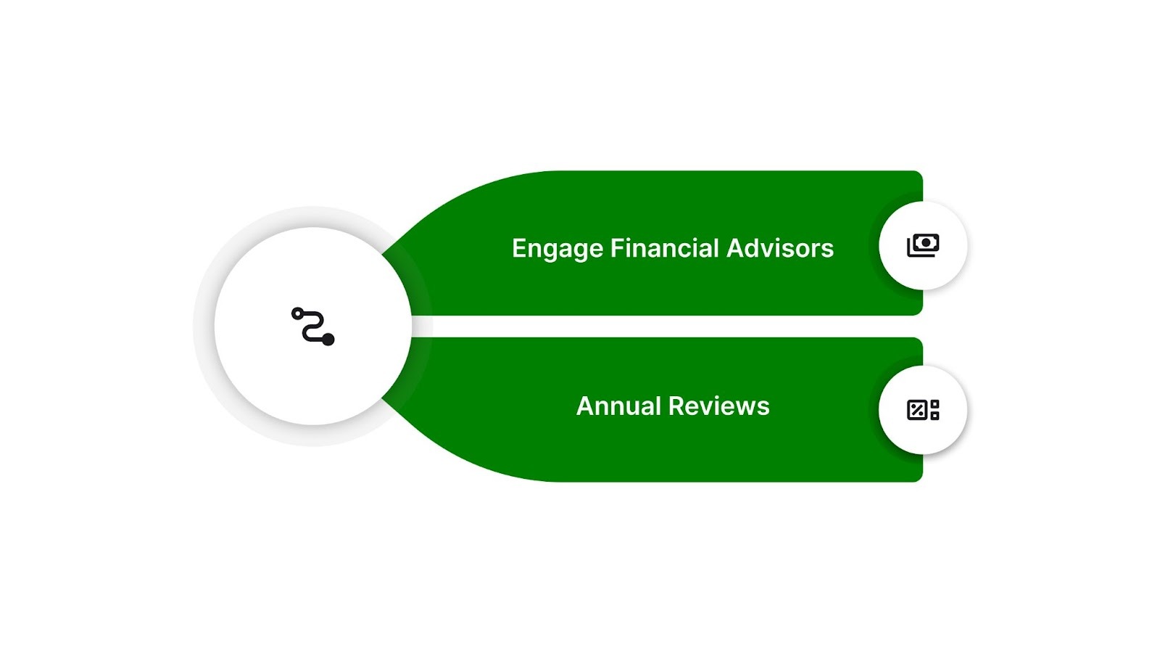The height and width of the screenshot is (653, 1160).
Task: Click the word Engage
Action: (x=557, y=249)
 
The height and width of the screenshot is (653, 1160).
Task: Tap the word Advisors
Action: (x=780, y=248)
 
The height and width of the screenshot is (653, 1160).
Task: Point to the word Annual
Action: (x=618, y=406)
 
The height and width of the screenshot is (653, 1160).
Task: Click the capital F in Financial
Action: (x=616, y=248)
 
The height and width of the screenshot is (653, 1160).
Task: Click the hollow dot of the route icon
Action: (x=297, y=313)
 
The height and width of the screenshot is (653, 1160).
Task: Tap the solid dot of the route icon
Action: (x=328, y=339)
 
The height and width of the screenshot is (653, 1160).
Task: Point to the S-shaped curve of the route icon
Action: (x=313, y=326)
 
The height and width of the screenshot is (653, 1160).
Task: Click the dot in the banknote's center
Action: (x=926, y=242)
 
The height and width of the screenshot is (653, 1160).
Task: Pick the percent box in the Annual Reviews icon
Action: (x=917, y=410)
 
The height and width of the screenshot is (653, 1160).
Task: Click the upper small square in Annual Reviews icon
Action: (x=935, y=404)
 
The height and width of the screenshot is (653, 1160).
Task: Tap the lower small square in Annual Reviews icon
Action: (x=935, y=416)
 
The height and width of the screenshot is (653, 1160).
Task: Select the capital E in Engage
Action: (x=519, y=248)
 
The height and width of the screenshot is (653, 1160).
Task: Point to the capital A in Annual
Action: (x=584, y=406)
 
